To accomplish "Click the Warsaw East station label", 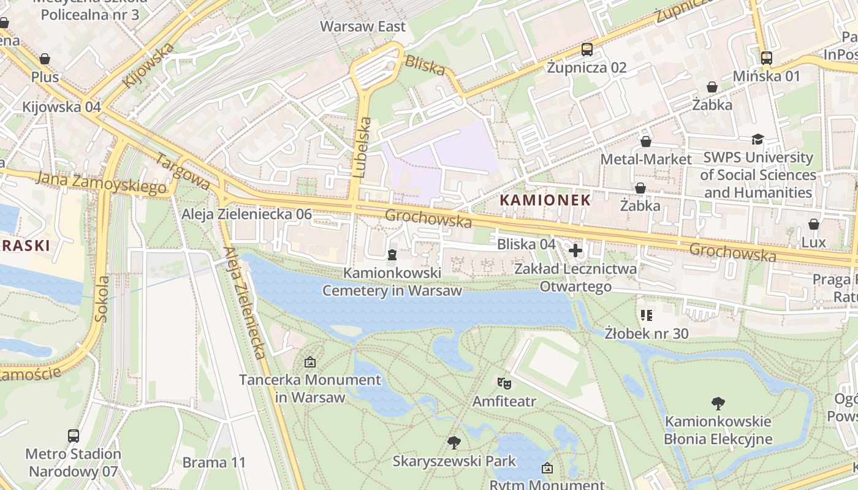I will click(363, 26).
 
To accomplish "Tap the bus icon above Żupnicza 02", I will click(587, 50).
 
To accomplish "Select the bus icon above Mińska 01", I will click(766, 58).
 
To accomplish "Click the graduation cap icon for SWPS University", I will click(757, 140).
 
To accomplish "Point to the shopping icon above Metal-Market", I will click(646, 141).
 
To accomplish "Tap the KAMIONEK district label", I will click(545, 200).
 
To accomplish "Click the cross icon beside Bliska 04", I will click(575, 250).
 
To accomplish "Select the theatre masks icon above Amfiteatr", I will click(504, 383).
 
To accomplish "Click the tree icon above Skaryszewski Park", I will click(454, 442).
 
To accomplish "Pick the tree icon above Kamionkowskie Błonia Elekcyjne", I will click(718, 403).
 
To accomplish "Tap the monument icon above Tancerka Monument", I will click(309, 362).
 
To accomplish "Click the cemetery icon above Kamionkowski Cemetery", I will click(392, 254).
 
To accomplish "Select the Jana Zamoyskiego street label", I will click(102, 183).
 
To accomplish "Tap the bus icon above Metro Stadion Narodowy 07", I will click(74, 435).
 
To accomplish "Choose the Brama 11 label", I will click(214, 462).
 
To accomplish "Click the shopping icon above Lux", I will click(814, 224).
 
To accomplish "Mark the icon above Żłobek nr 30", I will click(646, 315).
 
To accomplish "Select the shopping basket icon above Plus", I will click(45, 59).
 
